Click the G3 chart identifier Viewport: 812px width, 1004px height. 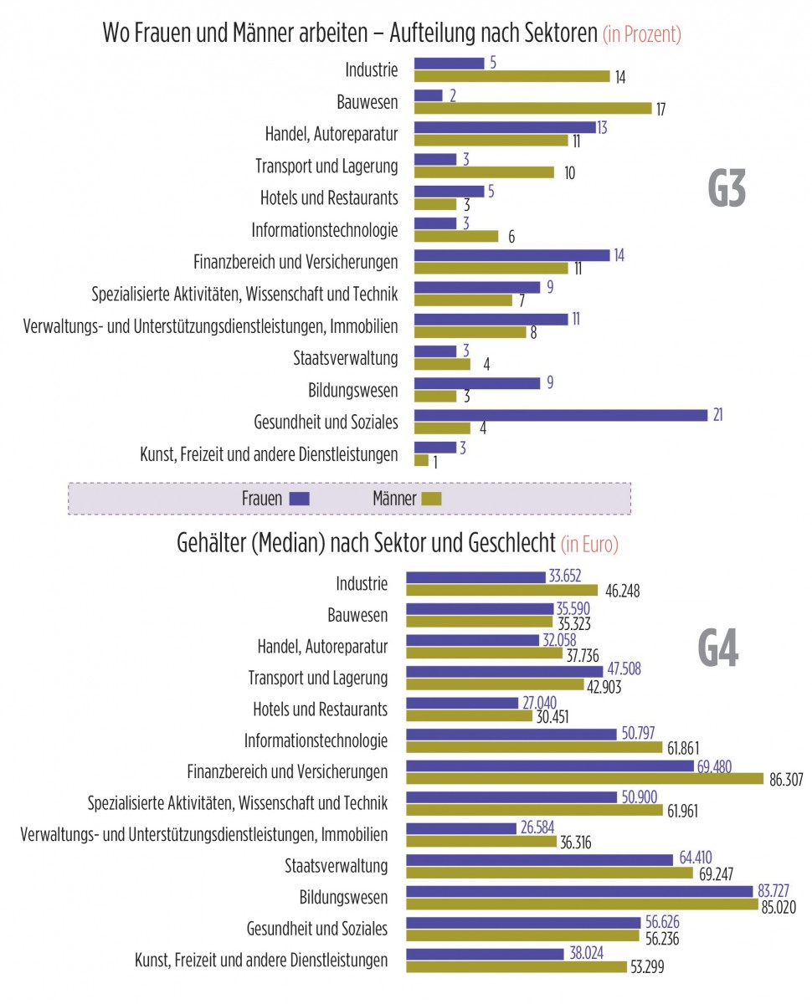tap(727, 190)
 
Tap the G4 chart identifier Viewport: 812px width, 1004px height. tap(718, 649)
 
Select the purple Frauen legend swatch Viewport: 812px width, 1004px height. tap(299, 499)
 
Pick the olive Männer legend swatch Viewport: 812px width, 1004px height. tap(431, 499)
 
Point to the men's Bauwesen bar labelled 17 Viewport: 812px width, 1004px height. tap(532, 108)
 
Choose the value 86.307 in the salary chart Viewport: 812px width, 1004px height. tap(785, 779)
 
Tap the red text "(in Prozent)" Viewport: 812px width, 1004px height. tap(642, 35)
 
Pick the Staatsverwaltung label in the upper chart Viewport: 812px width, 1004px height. tap(345, 358)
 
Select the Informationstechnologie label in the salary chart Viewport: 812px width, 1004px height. tap(316, 740)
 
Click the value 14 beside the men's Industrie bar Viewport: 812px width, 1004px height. tap(619, 78)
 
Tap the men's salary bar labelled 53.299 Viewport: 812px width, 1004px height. tap(516, 966)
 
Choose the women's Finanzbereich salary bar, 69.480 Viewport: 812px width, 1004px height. tap(550, 766)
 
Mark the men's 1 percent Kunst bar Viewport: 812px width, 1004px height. tap(421, 460)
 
